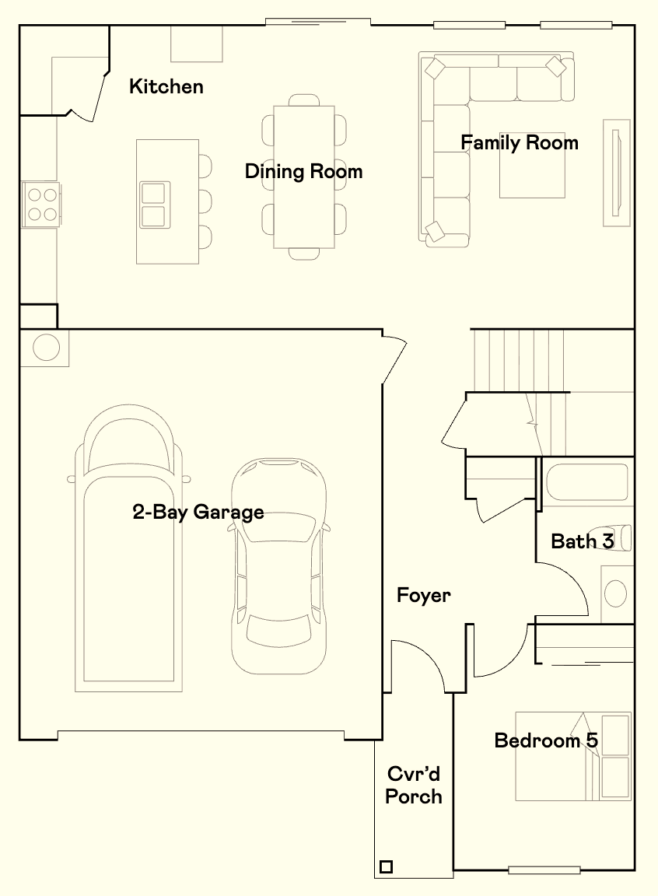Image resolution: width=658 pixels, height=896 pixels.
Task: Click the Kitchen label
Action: (166, 86)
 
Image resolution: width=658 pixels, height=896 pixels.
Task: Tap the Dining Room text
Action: (303, 171)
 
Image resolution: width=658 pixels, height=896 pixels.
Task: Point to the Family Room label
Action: (520, 142)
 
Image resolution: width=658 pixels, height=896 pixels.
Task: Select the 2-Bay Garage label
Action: (198, 512)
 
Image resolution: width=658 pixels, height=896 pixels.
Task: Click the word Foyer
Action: (424, 596)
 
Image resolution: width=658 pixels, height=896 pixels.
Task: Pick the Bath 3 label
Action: (582, 541)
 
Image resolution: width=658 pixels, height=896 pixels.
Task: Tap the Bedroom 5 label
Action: (546, 740)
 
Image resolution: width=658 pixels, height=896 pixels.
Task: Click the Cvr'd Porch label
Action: (414, 785)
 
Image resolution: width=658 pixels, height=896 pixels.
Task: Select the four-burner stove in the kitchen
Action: (41, 205)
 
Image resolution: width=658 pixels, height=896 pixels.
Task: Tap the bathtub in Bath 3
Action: (586, 481)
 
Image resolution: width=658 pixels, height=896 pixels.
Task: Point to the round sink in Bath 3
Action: (615, 593)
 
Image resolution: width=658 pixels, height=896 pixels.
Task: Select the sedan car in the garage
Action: (278, 565)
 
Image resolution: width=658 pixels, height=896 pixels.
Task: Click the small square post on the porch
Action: (386, 867)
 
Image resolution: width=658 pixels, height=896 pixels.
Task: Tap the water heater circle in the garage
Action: (46, 347)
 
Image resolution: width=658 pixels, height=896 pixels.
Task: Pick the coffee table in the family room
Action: (532, 170)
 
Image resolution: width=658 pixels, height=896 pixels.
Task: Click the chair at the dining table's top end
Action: (304, 100)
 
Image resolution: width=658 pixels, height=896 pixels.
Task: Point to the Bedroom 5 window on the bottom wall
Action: (544, 870)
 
